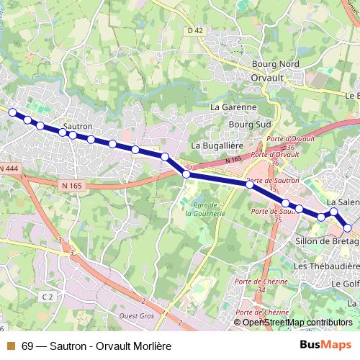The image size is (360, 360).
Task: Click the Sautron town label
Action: (x=78, y=125)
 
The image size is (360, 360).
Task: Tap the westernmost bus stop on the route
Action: (x=12, y=112)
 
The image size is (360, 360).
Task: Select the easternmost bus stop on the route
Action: (x=348, y=228)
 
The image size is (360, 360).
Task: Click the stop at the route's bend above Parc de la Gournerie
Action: (x=186, y=174)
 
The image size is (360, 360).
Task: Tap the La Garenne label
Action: (x=233, y=107)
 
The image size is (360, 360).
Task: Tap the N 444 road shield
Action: (x=9, y=168)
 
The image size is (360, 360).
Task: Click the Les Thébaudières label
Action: (x=326, y=266)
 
